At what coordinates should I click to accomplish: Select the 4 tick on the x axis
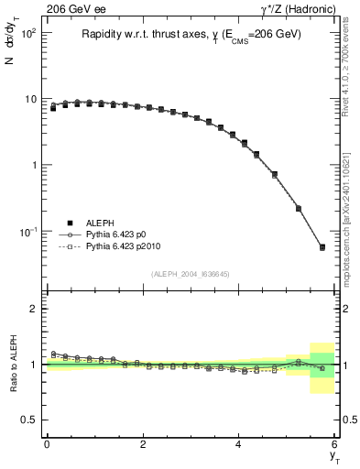pyautogui.click(x=239, y=444)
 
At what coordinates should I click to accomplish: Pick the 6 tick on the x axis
pyautogui.click(x=334, y=444)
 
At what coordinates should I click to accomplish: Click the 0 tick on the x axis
pyautogui.click(x=47, y=444)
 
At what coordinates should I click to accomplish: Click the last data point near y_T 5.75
pyautogui.click(x=322, y=247)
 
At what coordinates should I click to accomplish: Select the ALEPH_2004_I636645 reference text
pyautogui.click(x=191, y=274)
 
